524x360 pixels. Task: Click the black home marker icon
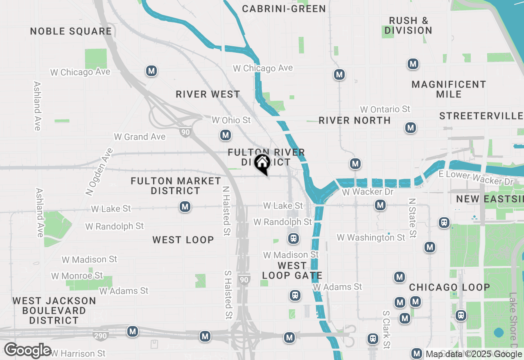[x=262, y=164]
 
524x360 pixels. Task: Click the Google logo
[x=27, y=351]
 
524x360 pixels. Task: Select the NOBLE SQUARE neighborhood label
[x=71, y=32]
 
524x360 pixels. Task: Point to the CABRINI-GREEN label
[x=284, y=9]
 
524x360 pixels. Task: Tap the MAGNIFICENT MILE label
[x=449, y=89]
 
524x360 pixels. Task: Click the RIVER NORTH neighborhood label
[x=355, y=120]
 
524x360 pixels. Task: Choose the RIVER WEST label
[x=208, y=94]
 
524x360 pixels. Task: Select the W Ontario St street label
[x=385, y=109]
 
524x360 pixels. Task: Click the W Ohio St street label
[x=231, y=120]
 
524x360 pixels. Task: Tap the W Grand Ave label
[x=140, y=137]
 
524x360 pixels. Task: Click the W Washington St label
[x=371, y=237]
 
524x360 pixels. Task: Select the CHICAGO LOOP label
[x=449, y=287]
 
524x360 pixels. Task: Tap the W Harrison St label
[x=78, y=353]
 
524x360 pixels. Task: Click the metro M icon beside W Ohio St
[x=225, y=135]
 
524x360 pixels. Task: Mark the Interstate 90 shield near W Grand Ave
[x=185, y=132]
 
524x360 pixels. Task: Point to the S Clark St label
[x=386, y=330]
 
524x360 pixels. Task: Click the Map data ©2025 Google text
[x=474, y=354]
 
